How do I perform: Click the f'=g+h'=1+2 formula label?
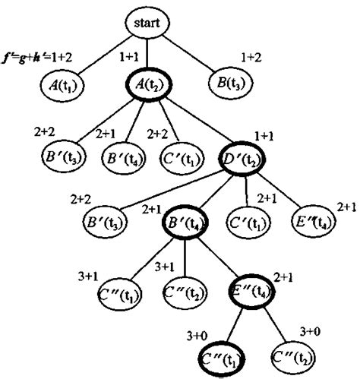point(39,57)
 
